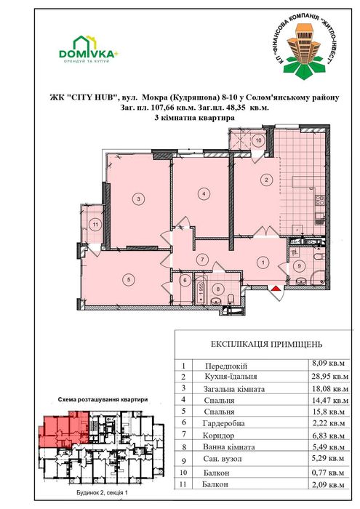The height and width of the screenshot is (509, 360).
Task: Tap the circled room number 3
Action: [136, 196]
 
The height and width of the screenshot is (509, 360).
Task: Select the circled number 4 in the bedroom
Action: [204, 193]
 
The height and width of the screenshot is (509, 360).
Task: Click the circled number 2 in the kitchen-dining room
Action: [267, 180]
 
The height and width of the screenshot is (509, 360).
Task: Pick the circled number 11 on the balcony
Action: [96, 225]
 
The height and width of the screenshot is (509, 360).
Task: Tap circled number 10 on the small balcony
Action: [259, 142]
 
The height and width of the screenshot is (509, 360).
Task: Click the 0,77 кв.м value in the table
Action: [324, 473]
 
